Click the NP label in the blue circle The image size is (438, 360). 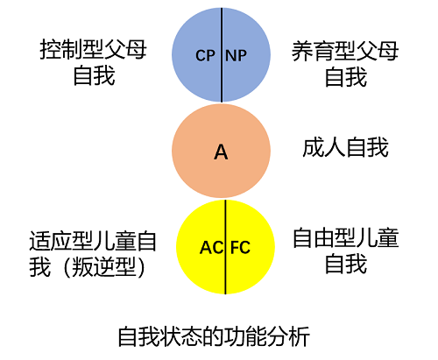coord(237,55)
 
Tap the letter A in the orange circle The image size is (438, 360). coord(221,152)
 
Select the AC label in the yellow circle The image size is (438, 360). coord(211,247)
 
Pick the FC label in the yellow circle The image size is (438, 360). coord(240,247)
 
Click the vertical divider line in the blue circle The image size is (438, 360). coord(221,79)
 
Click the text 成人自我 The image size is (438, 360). coord(345,148)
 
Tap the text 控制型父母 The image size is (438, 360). coord(92,51)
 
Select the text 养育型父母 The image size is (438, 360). coord(345,51)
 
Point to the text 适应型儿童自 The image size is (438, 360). coord(92,238)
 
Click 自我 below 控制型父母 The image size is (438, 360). coord(92,77)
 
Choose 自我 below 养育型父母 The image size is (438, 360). coord(345,77)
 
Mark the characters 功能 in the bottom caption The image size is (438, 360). coord(244,335)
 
